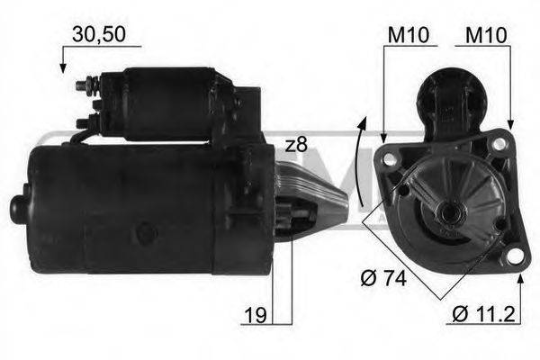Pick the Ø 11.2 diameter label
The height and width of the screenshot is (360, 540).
pos(483,316)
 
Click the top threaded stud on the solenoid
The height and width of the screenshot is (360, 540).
pos(82,86)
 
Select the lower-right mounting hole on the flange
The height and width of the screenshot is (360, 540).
pos(514,256)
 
